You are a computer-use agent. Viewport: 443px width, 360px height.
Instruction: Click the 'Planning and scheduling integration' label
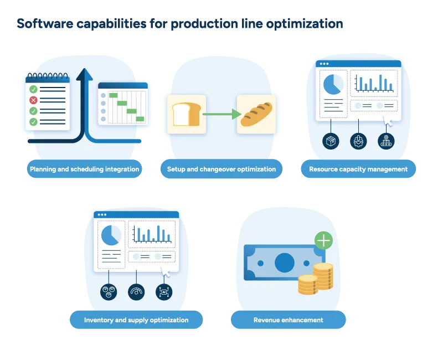point(84,169)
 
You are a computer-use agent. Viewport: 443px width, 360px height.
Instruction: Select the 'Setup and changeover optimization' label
point(221,169)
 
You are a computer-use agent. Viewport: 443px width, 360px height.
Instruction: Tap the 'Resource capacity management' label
point(358,169)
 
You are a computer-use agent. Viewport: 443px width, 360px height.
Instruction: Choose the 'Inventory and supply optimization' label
point(136,320)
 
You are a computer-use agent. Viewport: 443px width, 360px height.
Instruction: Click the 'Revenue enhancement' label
point(289,320)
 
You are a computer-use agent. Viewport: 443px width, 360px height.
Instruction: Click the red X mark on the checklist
point(33,100)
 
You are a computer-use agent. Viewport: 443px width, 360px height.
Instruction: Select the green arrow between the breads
point(221,114)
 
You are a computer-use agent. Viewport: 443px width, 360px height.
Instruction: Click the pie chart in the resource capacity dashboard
point(333,84)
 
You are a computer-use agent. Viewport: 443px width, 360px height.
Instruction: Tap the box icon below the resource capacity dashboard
point(331,141)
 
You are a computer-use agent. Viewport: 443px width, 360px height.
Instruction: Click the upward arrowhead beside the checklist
point(84,74)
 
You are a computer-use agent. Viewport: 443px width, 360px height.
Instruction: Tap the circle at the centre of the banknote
point(284,260)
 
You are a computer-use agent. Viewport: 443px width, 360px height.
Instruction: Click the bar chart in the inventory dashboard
point(152,234)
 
